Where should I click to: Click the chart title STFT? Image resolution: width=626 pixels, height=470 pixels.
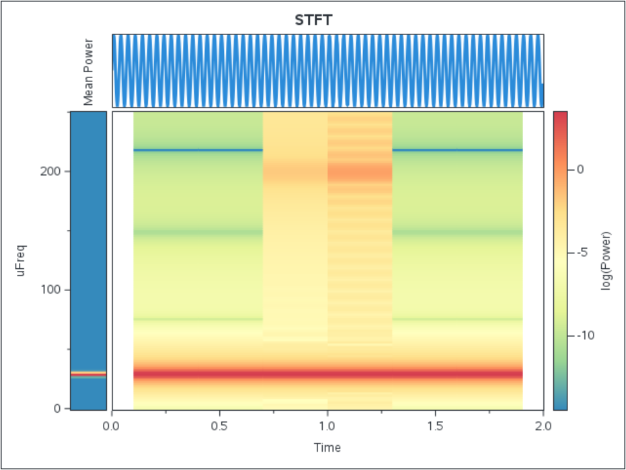[314, 20]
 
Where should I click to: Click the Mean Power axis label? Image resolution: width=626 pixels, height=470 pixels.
[88, 72]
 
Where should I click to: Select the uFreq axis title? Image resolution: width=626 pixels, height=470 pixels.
[21, 260]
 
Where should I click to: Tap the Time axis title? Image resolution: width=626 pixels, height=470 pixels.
[327, 447]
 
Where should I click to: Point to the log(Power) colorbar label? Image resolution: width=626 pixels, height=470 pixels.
[606, 260]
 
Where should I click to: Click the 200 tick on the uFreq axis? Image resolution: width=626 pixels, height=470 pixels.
[53, 171]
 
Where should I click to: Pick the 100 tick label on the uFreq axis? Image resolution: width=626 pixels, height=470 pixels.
[53, 290]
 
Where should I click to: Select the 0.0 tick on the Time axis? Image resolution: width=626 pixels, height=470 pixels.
[112, 426]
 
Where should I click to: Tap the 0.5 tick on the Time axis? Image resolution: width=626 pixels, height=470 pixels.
[220, 426]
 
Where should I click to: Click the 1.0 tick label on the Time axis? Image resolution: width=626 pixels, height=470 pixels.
[327, 426]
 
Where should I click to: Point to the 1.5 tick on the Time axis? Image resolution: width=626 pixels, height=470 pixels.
[435, 426]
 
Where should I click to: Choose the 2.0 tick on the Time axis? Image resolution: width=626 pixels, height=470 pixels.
[543, 426]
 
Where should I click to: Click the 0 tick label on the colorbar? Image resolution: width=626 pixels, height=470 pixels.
[580, 169]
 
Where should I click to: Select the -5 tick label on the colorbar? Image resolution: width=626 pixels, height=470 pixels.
[582, 252]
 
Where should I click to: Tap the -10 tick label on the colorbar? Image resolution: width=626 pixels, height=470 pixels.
[585, 335]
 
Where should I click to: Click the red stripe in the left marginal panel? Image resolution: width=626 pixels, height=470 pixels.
[88, 374]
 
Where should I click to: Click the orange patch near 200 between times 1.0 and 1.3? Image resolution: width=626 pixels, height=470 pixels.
[360, 173]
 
